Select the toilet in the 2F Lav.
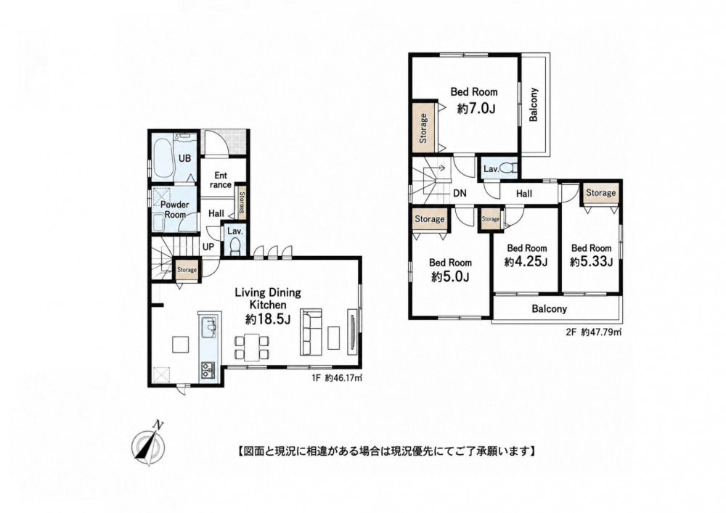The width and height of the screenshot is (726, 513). [510, 168]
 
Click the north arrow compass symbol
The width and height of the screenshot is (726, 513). [149, 443]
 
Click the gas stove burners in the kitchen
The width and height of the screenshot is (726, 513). [208, 369]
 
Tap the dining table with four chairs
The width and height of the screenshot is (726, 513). [251, 347]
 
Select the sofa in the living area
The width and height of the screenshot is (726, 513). [311, 332]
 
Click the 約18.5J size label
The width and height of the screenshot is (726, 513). [268, 319]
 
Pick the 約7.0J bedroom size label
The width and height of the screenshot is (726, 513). [476, 109]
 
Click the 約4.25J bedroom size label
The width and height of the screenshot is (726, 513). [526, 262]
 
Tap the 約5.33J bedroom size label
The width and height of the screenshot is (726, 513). [591, 262]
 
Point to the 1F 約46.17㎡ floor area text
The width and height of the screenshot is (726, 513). [337, 378]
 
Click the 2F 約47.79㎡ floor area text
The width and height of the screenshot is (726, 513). [594, 332]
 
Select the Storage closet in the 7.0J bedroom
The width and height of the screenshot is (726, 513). [423, 127]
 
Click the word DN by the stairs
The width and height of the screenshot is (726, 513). [460, 193]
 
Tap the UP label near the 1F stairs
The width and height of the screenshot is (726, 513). [208, 247]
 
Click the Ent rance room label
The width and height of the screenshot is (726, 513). [221, 180]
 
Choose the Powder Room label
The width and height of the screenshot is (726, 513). [175, 210]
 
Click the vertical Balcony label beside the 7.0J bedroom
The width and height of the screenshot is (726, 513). [534, 104]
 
